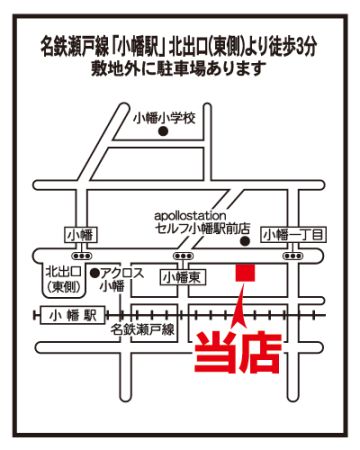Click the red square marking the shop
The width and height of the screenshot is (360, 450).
pos(245,272)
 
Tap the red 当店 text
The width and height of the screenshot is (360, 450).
pos(238,353)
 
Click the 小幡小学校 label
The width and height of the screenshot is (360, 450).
pos(164,118)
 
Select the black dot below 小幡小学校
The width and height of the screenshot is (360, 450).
pos(163,132)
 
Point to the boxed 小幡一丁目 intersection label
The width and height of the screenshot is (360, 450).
pos(293,235)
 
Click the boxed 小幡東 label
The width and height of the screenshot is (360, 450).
pos(183,278)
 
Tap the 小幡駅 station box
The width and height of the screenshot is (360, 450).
pos(73,315)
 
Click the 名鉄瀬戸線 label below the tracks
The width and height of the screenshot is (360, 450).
pos(143,330)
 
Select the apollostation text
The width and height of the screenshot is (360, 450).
pos(190,216)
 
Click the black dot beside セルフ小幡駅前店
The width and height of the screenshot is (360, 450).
pos(245,241)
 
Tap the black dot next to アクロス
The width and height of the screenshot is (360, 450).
pos(95,273)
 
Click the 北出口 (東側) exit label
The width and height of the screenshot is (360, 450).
pos(63,279)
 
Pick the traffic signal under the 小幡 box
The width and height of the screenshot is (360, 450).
pos(82,256)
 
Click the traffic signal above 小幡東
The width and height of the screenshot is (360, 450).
pos(183,256)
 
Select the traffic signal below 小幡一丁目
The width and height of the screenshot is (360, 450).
pos(293,256)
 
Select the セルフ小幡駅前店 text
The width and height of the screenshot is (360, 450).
pos(202,229)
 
